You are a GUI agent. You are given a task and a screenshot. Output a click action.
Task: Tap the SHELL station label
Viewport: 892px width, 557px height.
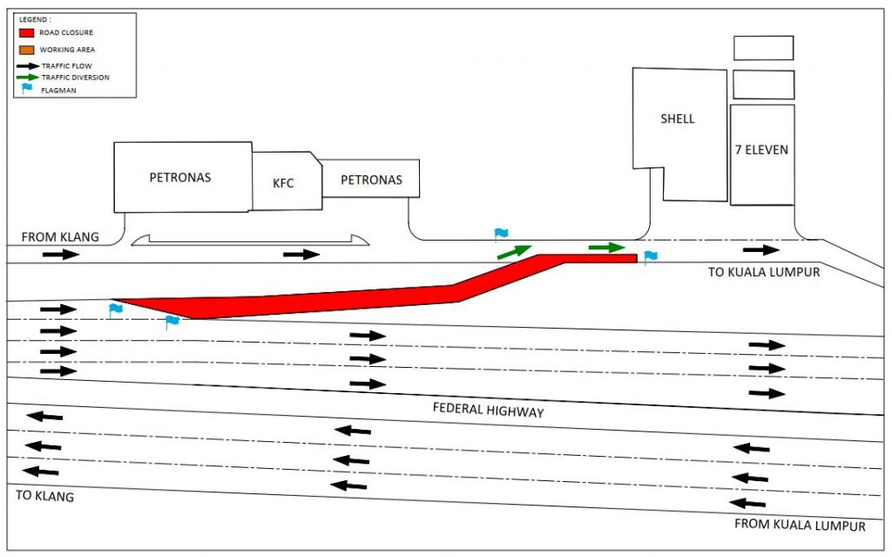tap(677, 119)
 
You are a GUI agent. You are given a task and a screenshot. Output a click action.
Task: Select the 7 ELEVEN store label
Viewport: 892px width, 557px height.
tap(761, 150)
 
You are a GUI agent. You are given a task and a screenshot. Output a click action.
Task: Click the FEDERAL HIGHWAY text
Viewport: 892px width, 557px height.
tap(488, 410)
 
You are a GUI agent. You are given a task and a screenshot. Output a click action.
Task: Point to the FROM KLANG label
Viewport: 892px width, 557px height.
tap(60, 236)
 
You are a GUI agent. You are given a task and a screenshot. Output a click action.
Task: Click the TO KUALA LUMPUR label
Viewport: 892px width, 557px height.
tap(764, 272)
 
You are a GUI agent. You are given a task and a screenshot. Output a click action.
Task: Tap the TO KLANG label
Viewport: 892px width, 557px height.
tap(45, 496)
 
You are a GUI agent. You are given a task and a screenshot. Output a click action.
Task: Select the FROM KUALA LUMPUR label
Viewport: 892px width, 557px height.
tap(800, 525)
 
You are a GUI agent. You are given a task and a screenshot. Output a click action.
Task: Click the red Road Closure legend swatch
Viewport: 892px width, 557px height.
tap(26, 33)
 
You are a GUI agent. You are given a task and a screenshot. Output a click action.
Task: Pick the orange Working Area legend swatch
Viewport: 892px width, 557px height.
tap(26, 50)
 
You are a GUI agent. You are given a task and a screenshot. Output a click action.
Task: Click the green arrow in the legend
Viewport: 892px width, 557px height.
tap(28, 77)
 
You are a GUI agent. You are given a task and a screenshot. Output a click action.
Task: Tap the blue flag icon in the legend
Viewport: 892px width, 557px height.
tap(27, 88)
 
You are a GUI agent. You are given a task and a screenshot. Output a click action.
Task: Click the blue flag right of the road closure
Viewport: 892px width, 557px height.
tap(650, 256)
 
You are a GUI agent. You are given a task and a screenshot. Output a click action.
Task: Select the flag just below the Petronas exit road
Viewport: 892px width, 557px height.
tap(501, 234)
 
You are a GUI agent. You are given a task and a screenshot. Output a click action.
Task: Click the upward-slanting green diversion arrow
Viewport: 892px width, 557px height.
tap(514, 252)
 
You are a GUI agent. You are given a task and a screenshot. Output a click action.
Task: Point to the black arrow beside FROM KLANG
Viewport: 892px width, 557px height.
tap(61, 254)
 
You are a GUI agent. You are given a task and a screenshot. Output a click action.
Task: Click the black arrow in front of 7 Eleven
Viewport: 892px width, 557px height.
tap(761, 250)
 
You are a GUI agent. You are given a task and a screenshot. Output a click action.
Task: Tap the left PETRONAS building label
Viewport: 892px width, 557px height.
tap(180, 178)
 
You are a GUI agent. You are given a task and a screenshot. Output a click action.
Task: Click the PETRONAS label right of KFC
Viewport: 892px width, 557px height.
tap(371, 180)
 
